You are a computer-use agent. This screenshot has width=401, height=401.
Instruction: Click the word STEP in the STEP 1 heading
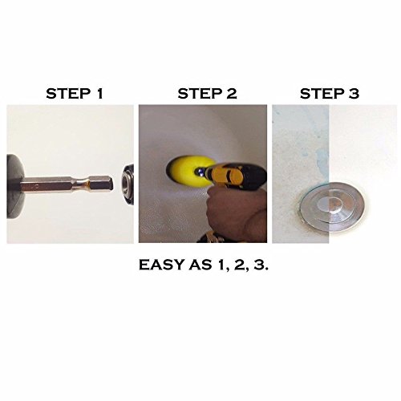[x=68, y=94]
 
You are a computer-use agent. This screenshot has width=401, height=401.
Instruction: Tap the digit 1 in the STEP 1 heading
[x=99, y=94]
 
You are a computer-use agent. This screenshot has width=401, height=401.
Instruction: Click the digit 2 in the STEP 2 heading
[x=232, y=94]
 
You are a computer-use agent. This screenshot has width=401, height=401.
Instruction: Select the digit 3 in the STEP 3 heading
[x=354, y=94]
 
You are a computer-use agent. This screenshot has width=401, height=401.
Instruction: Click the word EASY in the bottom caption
[x=161, y=265]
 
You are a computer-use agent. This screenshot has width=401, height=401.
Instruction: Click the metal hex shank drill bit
[x=67, y=184]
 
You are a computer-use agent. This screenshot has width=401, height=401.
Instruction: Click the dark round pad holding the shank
[x=15, y=186]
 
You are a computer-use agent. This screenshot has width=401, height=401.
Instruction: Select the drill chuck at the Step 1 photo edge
[x=128, y=185]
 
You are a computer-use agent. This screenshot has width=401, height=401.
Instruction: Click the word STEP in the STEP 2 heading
[x=200, y=94]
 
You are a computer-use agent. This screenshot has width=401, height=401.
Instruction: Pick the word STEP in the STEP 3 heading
[x=322, y=94]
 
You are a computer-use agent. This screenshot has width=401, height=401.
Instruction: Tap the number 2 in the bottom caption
[x=240, y=265]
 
